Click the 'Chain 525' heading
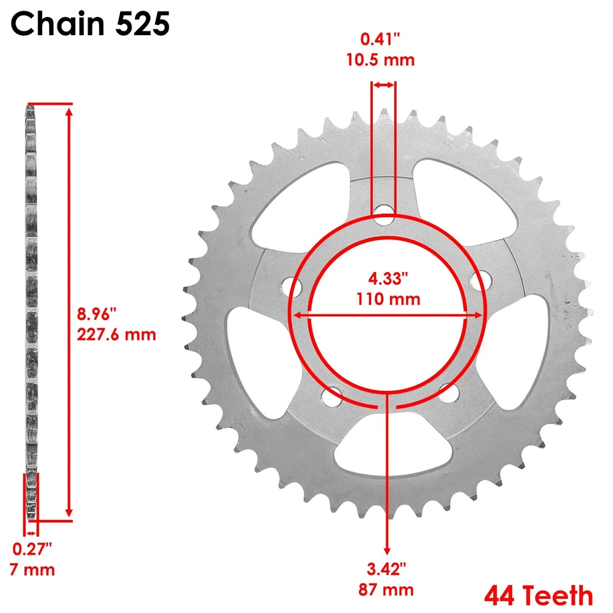click(x=90, y=24)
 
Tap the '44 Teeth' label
click(x=539, y=595)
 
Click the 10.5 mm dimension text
click(x=381, y=60)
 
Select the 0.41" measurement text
click(x=380, y=39)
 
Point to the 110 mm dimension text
click(x=388, y=299)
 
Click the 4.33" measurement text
click(x=388, y=278)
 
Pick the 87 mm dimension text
click(x=386, y=589)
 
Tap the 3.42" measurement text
click(x=386, y=569)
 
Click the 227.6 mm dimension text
click(x=116, y=335)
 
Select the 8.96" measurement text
click(x=96, y=314)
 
